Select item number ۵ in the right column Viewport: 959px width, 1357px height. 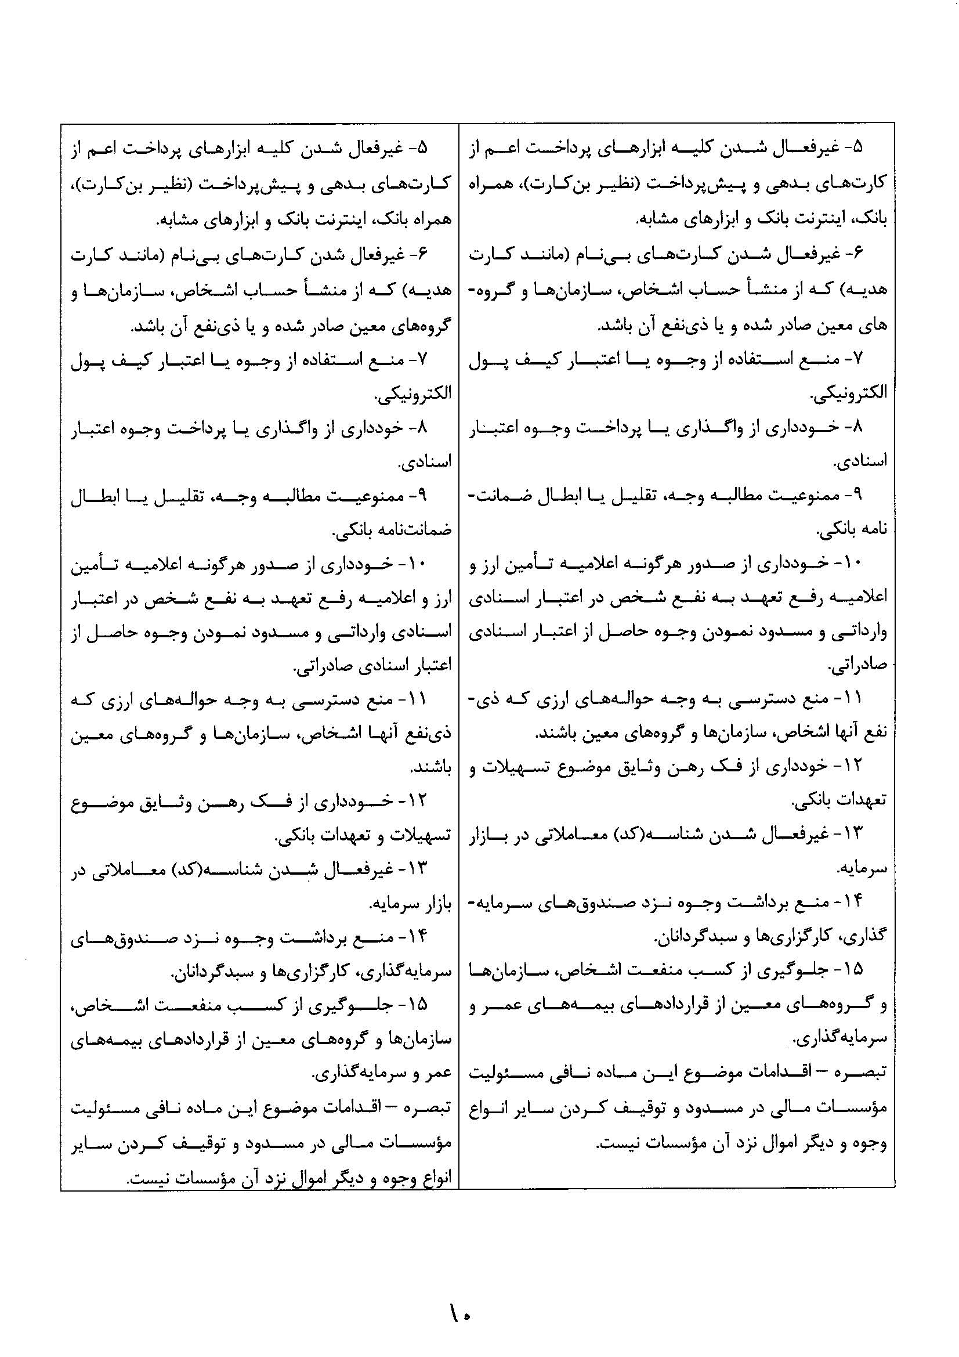(x=857, y=148)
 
